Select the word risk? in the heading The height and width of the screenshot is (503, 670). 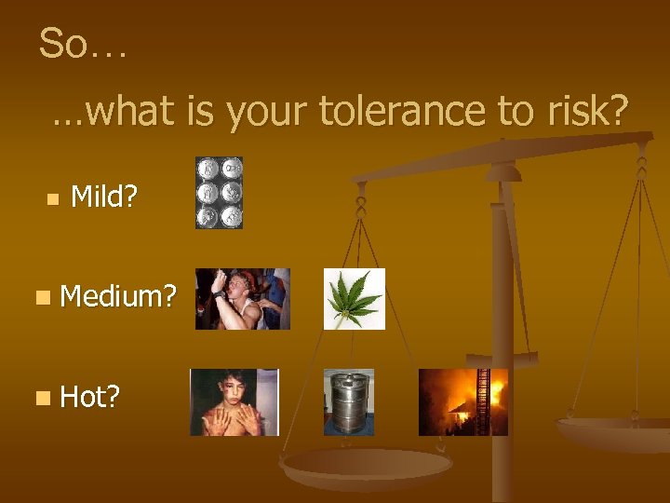tap(583, 112)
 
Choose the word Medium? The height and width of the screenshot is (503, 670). tap(118, 297)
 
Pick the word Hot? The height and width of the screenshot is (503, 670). tap(90, 398)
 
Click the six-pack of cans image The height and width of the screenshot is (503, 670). tap(219, 193)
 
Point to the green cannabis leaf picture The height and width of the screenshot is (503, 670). tap(354, 299)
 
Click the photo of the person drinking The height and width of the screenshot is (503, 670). tap(242, 299)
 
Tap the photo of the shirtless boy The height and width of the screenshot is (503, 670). tap(234, 402)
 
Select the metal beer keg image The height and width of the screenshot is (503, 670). tap(349, 402)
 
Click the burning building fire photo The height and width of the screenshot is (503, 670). tap(462, 402)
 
